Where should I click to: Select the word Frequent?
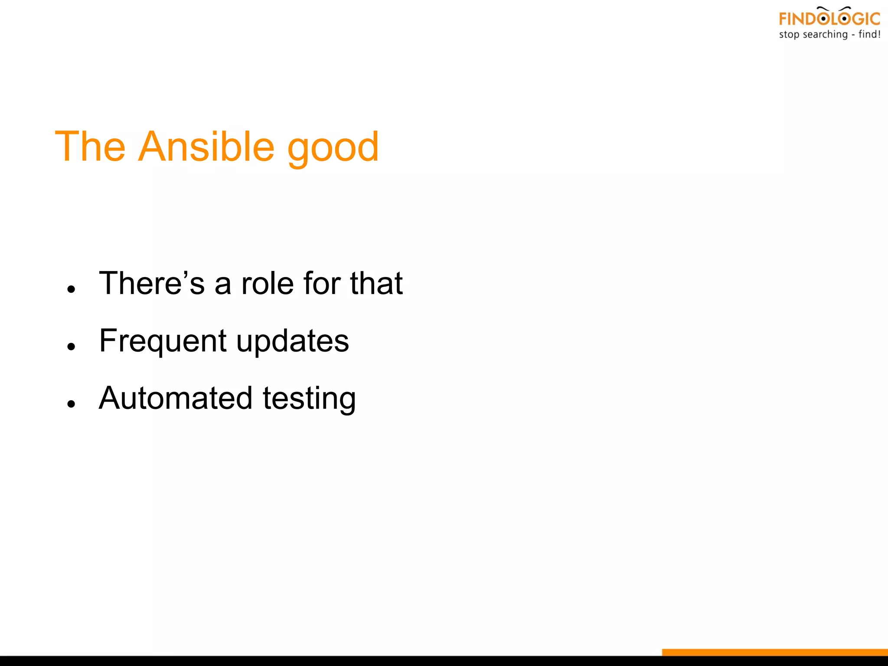[x=163, y=341]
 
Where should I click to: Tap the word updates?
[x=293, y=341]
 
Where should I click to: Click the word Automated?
[x=176, y=398]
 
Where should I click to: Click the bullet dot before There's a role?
[x=72, y=289]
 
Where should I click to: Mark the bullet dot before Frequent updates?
[x=72, y=346]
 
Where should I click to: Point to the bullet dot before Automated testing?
[x=72, y=404]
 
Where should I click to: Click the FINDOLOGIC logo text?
[x=829, y=19]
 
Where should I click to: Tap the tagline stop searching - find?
[x=829, y=35]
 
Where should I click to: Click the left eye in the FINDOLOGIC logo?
[x=823, y=19]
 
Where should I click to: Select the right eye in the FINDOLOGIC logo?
[x=844, y=19]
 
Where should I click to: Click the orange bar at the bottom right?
[x=775, y=652]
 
